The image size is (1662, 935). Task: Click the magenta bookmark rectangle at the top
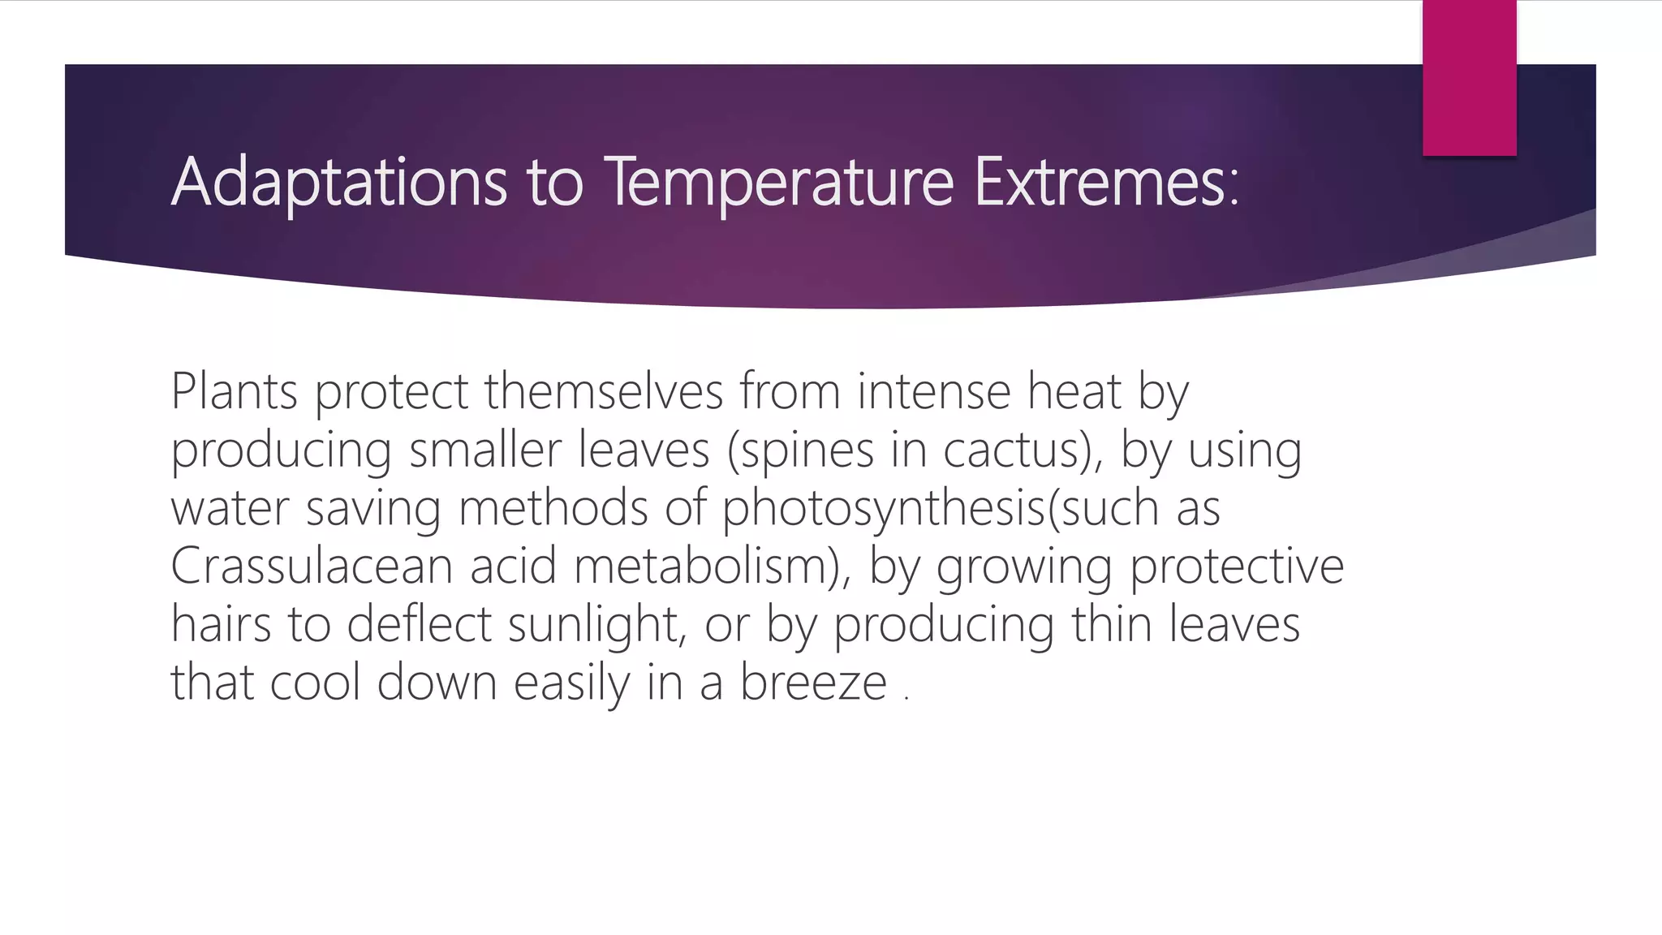pos(1469,77)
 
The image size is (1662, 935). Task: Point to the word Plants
pos(234,391)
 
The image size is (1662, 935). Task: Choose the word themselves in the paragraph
pos(604,391)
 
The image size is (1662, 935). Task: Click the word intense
pos(932,391)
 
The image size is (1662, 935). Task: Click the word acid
pos(513,566)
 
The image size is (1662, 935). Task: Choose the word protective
pos(1237,567)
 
